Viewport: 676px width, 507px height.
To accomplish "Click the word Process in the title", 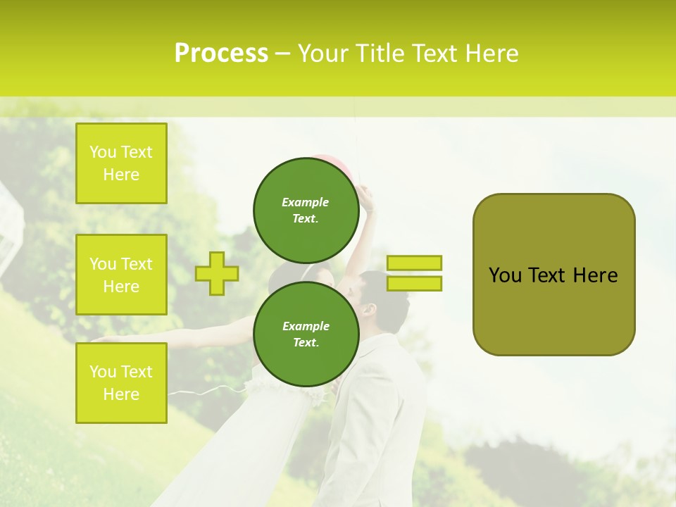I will pyautogui.click(x=221, y=54).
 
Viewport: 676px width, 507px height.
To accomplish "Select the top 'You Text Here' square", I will pyautogui.click(x=121, y=163).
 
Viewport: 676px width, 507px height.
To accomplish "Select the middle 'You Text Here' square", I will pyautogui.click(x=121, y=275).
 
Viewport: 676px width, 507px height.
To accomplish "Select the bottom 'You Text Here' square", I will pyautogui.click(x=121, y=382).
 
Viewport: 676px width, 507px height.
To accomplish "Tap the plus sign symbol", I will pyautogui.click(x=217, y=273).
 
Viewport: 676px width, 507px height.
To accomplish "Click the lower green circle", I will pyautogui.click(x=306, y=334).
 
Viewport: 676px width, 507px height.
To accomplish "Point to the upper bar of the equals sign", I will pyautogui.click(x=414, y=263).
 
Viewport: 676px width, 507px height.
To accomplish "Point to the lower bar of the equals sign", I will pyautogui.click(x=414, y=283).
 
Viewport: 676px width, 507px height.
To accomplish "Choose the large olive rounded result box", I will pyautogui.click(x=553, y=275).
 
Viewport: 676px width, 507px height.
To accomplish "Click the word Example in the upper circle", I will pyautogui.click(x=306, y=202).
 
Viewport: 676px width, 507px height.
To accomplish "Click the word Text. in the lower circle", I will pyautogui.click(x=306, y=343).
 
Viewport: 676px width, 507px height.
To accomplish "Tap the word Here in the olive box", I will pyautogui.click(x=595, y=275).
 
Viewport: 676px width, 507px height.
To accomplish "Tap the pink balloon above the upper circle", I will pyautogui.click(x=326, y=159).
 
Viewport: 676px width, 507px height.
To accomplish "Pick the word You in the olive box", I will pyautogui.click(x=505, y=275).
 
